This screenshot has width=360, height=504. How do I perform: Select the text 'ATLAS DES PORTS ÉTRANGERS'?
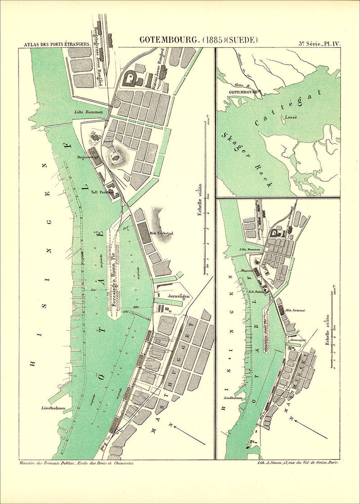pyautogui.click(x=55, y=45)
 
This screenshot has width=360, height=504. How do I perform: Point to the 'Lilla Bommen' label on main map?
pyautogui.click(x=89, y=112)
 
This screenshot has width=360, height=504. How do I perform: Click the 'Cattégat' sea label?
pyautogui.click(x=288, y=108)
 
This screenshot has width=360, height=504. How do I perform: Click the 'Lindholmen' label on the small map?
pyautogui.click(x=232, y=398)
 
